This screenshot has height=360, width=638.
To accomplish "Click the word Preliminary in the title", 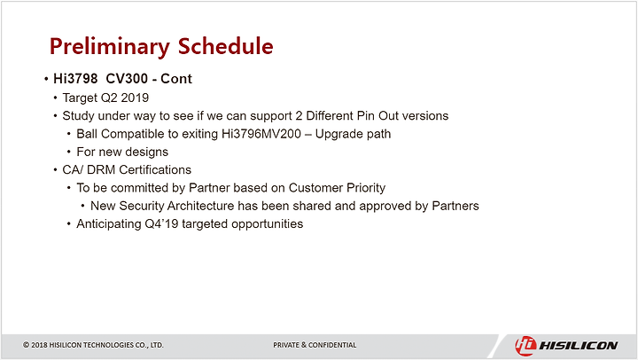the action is click(x=110, y=47).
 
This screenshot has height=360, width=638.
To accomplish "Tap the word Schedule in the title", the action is click(x=226, y=45).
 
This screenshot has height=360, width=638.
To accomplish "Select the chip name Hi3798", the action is click(x=75, y=79).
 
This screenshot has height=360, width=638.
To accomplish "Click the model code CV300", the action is click(x=127, y=79).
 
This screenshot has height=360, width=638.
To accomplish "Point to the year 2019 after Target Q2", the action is click(x=135, y=98).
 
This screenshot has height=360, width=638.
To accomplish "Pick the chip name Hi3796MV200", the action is click(x=261, y=134).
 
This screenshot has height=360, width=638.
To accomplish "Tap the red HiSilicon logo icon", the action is click(x=525, y=346).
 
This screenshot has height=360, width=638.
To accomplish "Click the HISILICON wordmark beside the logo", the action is click(x=578, y=346).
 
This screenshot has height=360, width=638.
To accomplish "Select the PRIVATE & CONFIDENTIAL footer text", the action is click(x=315, y=345).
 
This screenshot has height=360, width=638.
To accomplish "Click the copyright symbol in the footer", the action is click(x=26, y=345).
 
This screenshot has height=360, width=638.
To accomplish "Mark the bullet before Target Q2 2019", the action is click(x=55, y=98).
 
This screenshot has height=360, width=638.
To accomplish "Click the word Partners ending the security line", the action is click(x=455, y=206).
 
